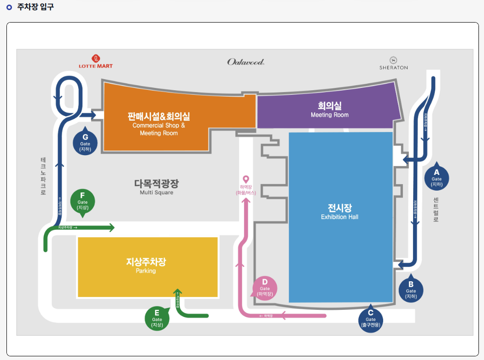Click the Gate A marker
pyautogui.click(x=437, y=178)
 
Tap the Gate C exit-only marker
pyautogui.click(x=371, y=318)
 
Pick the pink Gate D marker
pyautogui.click(x=265, y=288)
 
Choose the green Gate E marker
pyautogui.click(x=157, y=318)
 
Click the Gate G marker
pyautogui.click(x=85, y=142)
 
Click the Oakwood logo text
pyautogui.click(x=246, y=62)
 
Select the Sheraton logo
pyautogui.click(x=393, y=63)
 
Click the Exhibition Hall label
pyautogui.click(x=340, y=211)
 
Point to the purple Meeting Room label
pyautogui.click(x=330, y=110)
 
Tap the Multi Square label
pyautogui.click(x=157, y=187)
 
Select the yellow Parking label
pyautogui.click(x=146, y=265)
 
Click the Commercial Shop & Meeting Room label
pyautogui.click(x=159, y=124)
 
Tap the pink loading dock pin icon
pyautogui.click(x=246, y=179)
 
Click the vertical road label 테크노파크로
pyautogui.click(x=43, y=176)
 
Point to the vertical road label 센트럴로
pyautogui.click(x=436, y=210)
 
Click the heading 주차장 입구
pyautogui.click(x=35, y=7)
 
